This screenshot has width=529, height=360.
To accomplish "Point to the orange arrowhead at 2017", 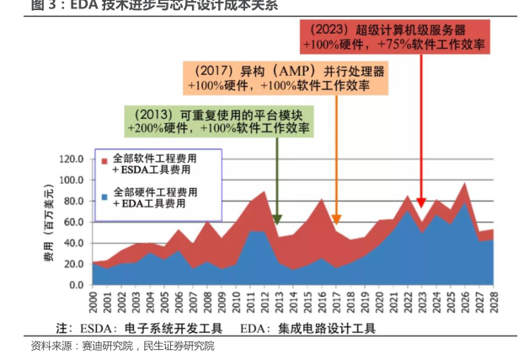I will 336,220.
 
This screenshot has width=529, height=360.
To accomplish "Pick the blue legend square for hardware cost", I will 104,196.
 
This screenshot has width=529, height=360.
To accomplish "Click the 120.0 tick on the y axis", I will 72,159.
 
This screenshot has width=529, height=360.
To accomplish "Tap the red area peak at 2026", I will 464,185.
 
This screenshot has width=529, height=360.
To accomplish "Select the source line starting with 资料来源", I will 122,347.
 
